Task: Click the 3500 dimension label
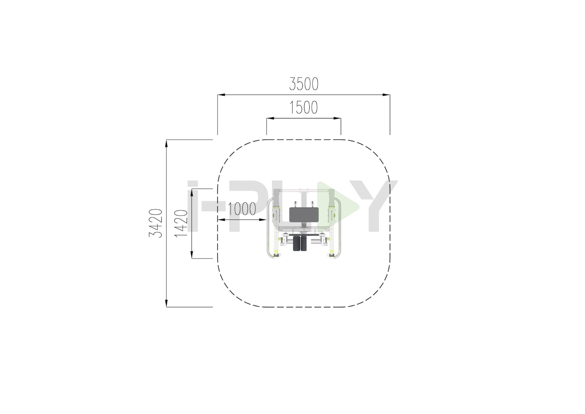tap(304, 84)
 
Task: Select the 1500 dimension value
tap(304, 108)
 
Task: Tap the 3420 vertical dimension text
tap(156, 223)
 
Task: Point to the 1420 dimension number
tap(181, 223)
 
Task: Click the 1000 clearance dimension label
tap(242, 209)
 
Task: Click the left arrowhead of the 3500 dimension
tap(221, 95)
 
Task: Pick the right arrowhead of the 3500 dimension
tap(386, 95)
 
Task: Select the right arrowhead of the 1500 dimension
tap(337, 118)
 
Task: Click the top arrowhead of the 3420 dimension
tap(166, 143)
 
